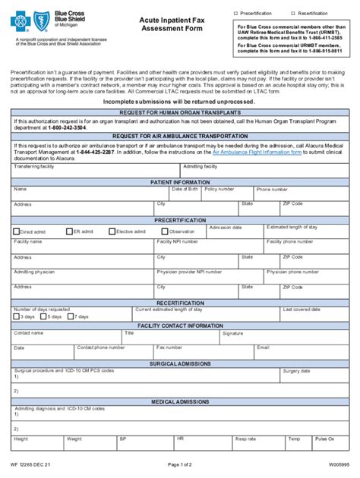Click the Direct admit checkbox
coord(16,231)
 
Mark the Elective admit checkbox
coord(112,231)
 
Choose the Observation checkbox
coord(165,231)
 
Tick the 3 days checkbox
coord(17,316)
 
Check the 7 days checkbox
coord(71,316)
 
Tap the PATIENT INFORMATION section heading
coord(180,183)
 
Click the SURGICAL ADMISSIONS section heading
coord(180,363)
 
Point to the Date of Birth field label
coord(185,190)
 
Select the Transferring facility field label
coord(34,166)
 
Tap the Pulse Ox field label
coord(325,439)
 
